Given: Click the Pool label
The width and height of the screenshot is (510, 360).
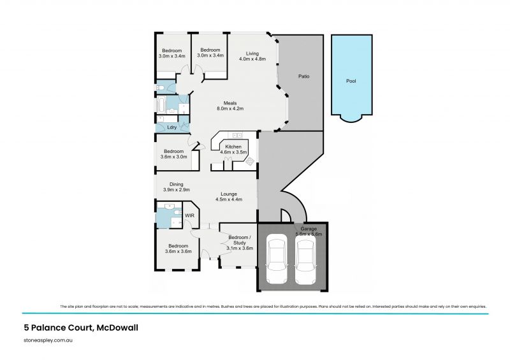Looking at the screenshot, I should click(351, 82).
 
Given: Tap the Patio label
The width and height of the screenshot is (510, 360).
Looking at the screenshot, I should click(304, 76).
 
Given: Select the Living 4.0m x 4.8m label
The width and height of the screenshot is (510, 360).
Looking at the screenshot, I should click(252, 56).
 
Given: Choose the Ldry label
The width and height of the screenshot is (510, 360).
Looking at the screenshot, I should click(171, 127).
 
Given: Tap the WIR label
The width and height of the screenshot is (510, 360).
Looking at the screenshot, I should click(189, 216).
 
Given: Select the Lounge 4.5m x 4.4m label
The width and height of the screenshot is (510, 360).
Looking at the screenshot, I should click(229, 197).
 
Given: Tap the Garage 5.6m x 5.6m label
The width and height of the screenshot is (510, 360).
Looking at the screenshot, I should click(309, 231).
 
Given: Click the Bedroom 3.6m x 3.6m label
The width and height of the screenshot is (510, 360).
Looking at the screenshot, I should click(178, 248).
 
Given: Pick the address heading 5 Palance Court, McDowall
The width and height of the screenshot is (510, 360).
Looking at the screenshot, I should click(80, 328).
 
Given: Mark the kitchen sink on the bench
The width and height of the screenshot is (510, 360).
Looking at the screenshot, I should click(237, 135).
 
